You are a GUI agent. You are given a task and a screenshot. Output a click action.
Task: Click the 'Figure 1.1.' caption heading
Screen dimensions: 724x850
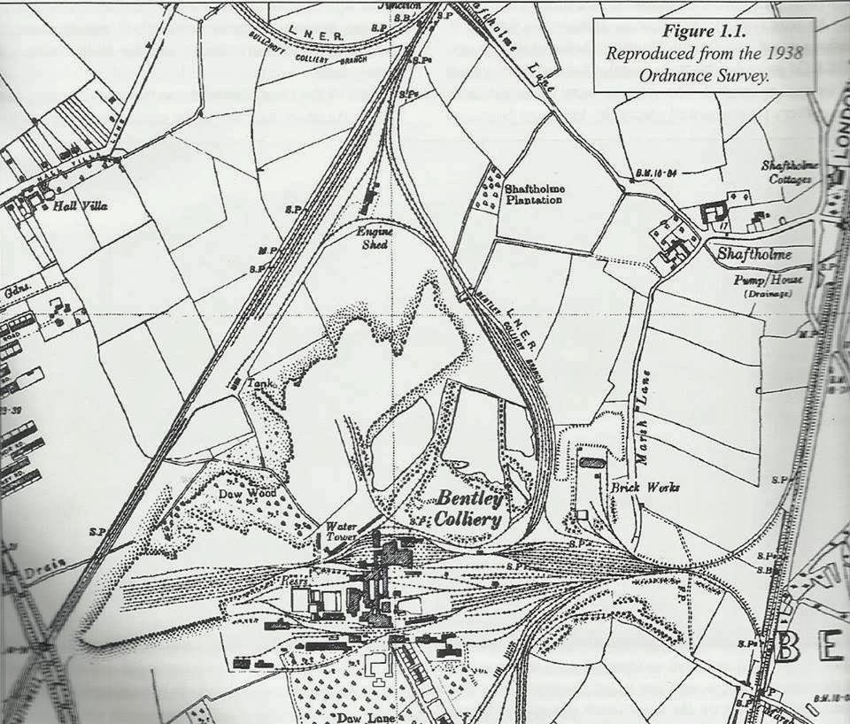coord(704,31)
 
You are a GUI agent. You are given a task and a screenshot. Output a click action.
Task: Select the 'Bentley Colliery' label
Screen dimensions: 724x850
coord(468,508)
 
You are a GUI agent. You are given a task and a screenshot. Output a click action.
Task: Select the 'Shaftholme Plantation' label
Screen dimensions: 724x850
coord(534,194)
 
